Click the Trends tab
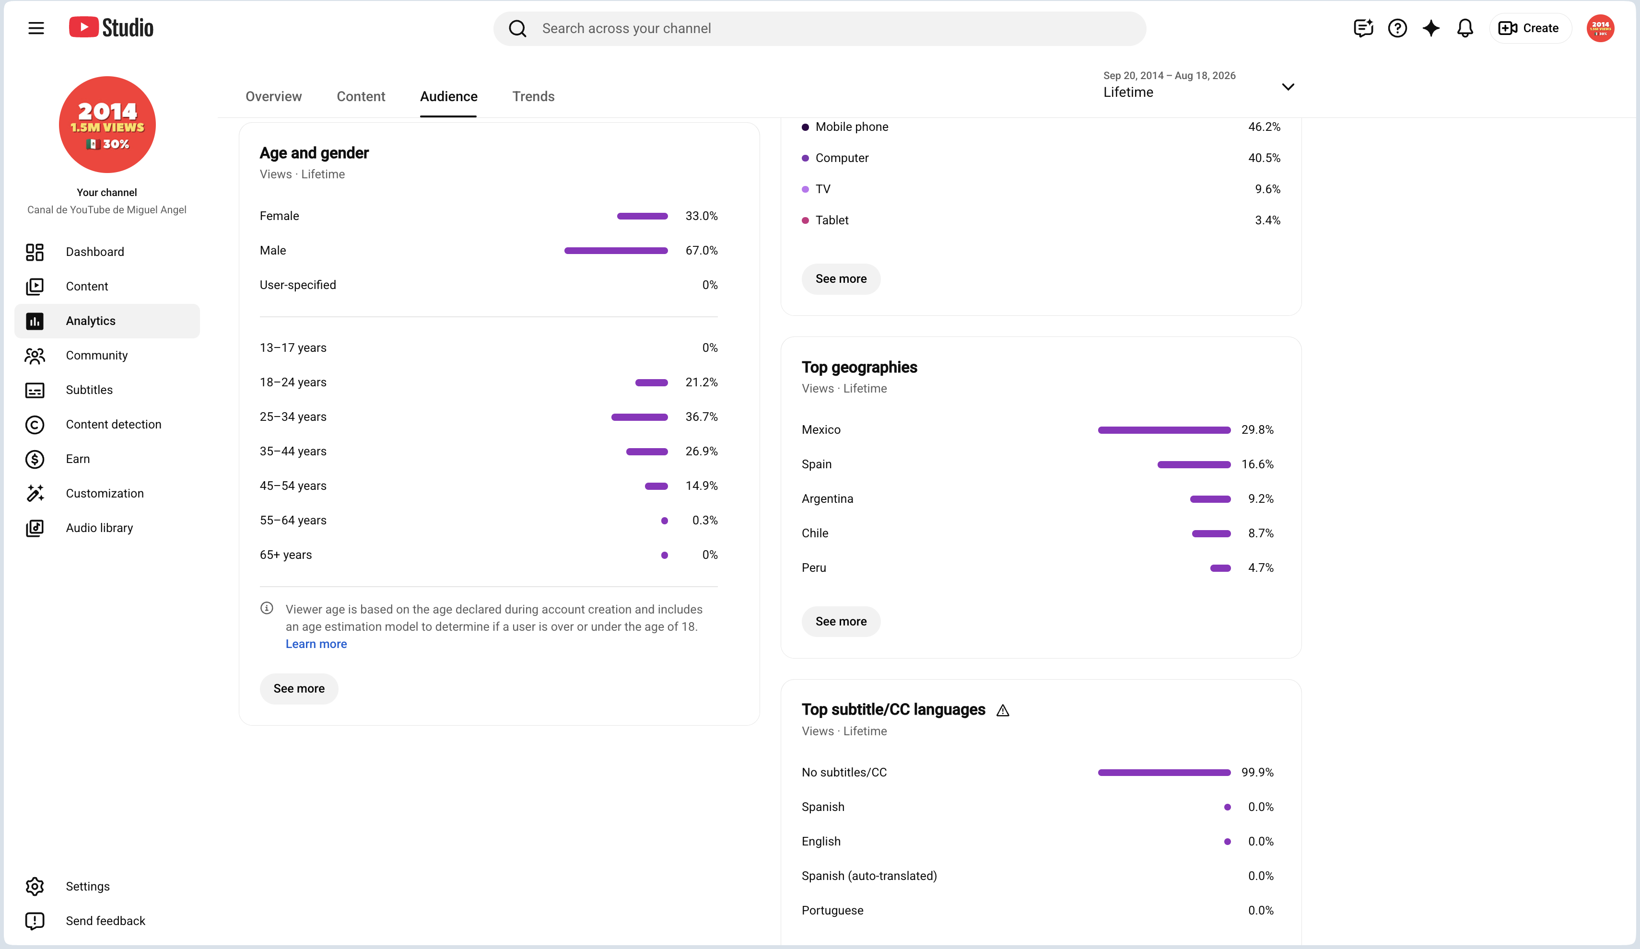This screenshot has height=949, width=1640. [x=533, y=96]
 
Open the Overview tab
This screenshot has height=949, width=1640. [x=273, y=96]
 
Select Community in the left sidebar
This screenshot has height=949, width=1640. [x=96, y=355]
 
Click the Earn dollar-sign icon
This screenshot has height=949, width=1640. [x=35, y=459]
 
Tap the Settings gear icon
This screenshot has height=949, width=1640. [x=35, y=887]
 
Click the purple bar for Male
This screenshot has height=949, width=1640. [x=616, y=250]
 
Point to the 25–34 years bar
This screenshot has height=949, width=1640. [x=639, y=417]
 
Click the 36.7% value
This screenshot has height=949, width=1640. [x=701, y=417]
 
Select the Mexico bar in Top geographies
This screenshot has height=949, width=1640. [x=1164, y=430]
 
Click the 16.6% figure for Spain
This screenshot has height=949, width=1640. [x=1257, y=464]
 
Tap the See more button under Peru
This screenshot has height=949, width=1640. [x=841, y=621]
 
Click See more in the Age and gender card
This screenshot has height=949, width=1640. [x=299, y=688]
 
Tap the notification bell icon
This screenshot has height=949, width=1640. [x=1465, y=28]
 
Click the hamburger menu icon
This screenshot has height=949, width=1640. [x=36, y=28]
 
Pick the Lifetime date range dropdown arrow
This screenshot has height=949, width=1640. [x=1288, y=86]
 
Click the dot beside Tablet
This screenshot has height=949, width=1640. [x=805, y=220]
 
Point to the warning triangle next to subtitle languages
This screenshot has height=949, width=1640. [x=1003, y=711]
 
